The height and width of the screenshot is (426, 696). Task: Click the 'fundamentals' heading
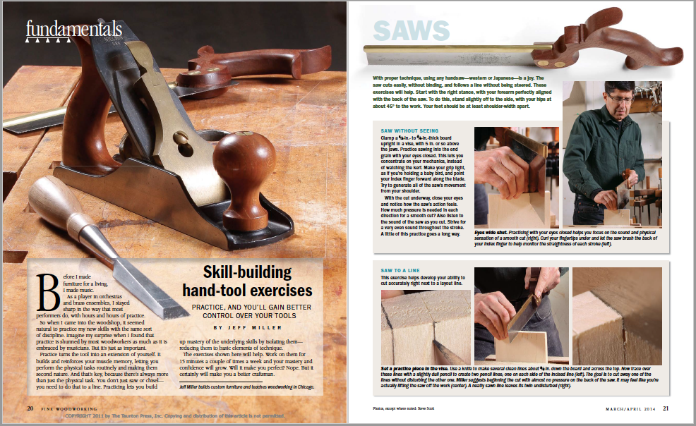tap(73, 29)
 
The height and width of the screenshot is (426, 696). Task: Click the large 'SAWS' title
tap(411, 30)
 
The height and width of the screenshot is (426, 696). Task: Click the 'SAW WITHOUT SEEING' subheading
tap(429, 131)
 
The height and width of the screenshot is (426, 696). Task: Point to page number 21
tap(666, 408)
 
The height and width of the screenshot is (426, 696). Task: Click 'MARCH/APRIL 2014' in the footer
tap(629, 408)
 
